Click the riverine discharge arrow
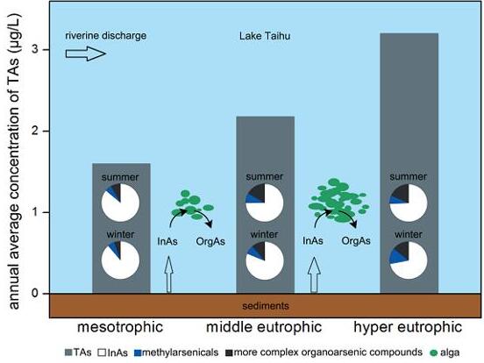pos(86,53)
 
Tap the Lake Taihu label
pos(265,36)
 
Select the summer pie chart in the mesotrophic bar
pos(120,203)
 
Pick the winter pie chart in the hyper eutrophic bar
pos(409,260)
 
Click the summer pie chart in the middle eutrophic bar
pos(265,203)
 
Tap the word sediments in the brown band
pos(266,306)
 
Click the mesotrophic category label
pos(120,327)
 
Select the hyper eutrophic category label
pos(408,327)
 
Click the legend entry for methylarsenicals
pos(176,352)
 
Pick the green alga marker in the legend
pos(433,352)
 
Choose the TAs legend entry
pos(78,352)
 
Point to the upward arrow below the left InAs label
pos(168,274)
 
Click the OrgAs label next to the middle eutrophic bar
pos(210,241)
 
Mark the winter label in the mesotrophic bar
pos(120,234)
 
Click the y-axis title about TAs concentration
pos(14,161)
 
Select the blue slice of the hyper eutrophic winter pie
pos(395,257)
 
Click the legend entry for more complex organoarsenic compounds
pos(324,352)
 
